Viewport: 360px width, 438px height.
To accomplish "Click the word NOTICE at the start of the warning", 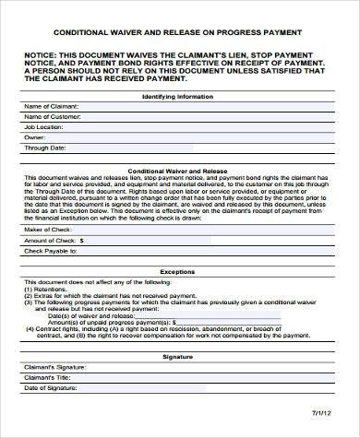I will click(42, 53).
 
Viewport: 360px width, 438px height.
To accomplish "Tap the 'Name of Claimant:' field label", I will click(51, 108).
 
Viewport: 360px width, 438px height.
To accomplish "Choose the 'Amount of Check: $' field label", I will click(54, 239).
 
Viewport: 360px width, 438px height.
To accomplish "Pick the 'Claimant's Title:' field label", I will click(48, 377).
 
